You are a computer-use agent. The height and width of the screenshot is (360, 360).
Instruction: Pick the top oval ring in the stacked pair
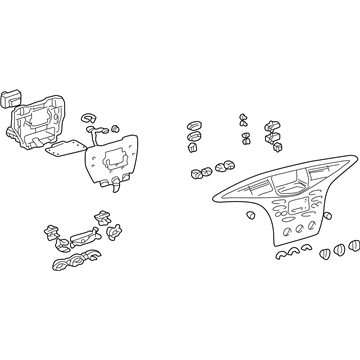coord(189,129)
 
